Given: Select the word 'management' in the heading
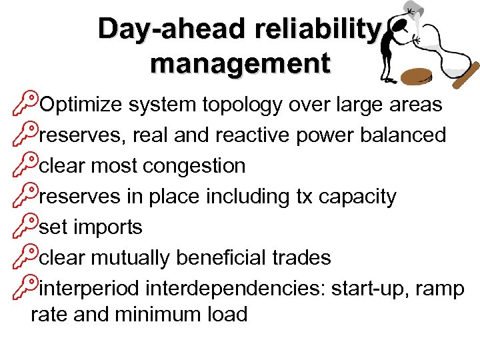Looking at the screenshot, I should [240, 63].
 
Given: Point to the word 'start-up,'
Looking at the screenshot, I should [370, 289].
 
